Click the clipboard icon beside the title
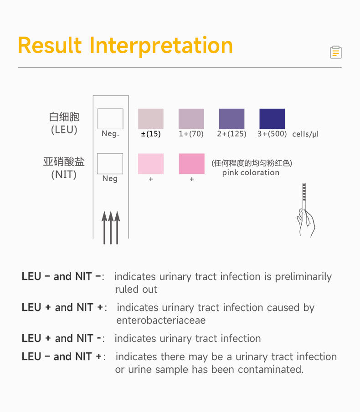336,52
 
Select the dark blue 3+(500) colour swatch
272,119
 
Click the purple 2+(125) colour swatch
231,119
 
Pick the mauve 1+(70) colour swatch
191,119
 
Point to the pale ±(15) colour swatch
151,119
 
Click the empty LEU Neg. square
110,119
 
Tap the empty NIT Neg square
110,164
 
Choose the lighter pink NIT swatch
151,164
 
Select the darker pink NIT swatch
191,164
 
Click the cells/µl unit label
305,134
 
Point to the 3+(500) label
272,134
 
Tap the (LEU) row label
64,130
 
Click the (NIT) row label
64,174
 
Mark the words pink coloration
251,173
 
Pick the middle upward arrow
111,227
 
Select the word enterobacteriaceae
161,320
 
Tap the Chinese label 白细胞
64,117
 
